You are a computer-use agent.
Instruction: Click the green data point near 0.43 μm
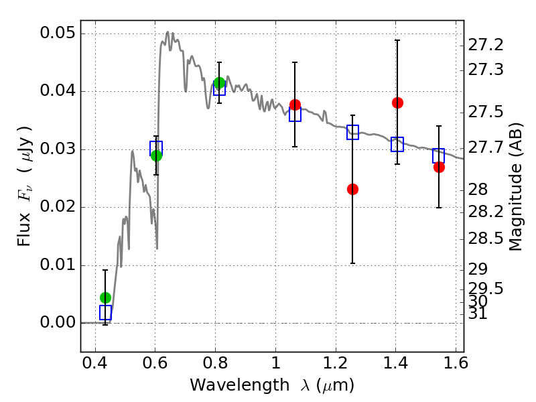tap(106, 297)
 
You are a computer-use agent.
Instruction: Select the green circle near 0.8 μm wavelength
tap(220, 82)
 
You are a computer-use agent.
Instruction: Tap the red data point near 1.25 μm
tap(353, 189)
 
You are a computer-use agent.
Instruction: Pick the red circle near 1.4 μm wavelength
tap(397, 103)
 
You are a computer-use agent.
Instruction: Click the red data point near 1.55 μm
tap(439, 167)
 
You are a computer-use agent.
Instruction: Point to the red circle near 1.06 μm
tap(295, 105)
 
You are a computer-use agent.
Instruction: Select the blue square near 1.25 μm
tap(353, 132)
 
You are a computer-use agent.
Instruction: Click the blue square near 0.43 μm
tap(106, 312)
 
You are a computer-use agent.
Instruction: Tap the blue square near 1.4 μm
tap(397, 144)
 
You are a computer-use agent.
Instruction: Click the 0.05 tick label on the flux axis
tap(57, 33)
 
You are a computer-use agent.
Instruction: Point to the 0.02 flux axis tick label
tap(57, 207)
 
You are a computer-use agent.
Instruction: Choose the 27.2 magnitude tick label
tap(486, 45)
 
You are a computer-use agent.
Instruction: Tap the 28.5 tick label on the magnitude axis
tap(486, 239)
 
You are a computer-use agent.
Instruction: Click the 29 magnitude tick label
tap(478, 269)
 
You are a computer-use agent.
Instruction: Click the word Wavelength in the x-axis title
tap(240, 385)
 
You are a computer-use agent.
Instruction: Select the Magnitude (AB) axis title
tap(516, 187)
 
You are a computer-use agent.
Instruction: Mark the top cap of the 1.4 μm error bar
tap(397, 40)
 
